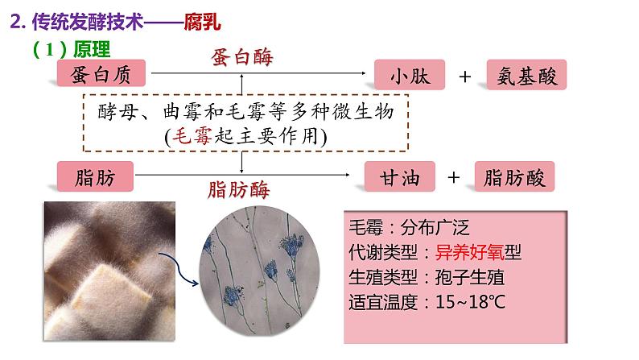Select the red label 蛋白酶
241,58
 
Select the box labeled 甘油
400,176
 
